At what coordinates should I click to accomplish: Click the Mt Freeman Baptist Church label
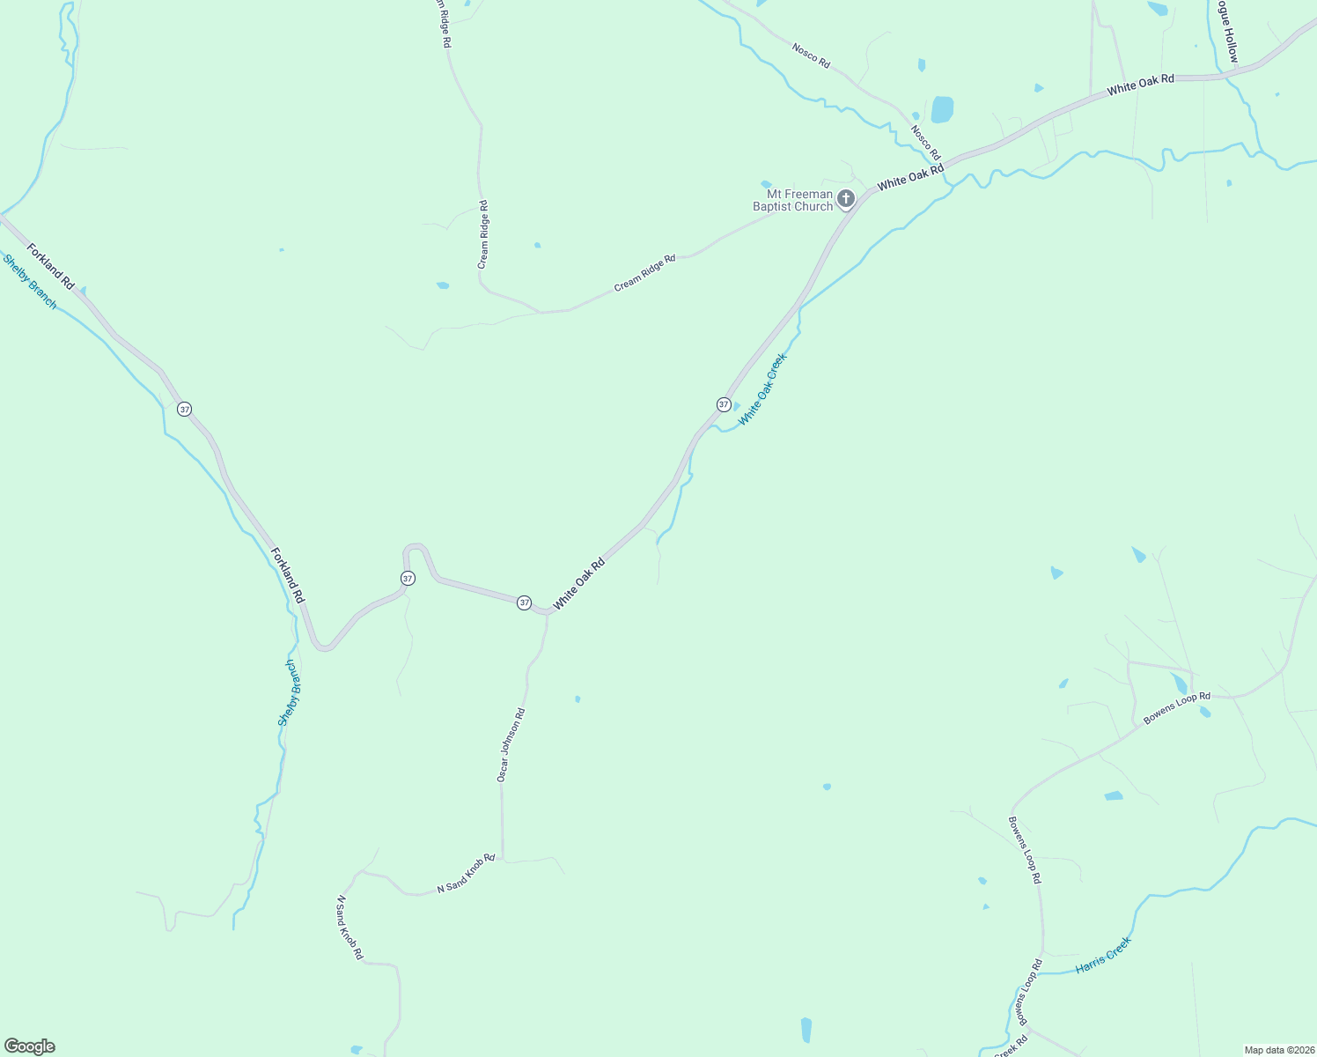(x=792, y=200)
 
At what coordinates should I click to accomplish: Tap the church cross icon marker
(x=846, y=199)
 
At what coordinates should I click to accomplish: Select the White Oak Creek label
(x=762, y=389)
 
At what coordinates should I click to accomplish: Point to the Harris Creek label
(x=1103, y=956)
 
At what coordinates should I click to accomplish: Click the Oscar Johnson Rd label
(x=511, y=745)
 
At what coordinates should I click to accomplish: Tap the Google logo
(x=30, y=1046)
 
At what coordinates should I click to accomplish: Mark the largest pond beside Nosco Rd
(x=942, y=109)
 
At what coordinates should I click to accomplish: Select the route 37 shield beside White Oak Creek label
(x=724, y=404)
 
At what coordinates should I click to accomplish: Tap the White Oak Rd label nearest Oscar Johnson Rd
(x=578, y=584)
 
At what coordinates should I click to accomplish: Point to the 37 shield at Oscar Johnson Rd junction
(x=525, y=602)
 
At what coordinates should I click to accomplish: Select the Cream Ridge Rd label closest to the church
(x=644, y=273)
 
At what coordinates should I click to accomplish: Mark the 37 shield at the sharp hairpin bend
(x=408, y=578)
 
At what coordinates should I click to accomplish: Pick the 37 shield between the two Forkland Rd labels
(x=184, y=409)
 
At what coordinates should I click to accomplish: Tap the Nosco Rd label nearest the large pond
(x=925, y=143)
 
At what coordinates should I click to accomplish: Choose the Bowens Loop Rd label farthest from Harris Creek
(x=1176, y=708)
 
